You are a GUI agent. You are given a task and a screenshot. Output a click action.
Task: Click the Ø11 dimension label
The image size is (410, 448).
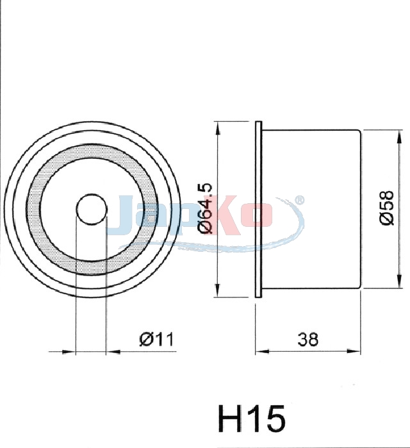click(156, 340)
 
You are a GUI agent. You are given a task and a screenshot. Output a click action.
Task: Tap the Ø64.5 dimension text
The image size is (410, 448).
click(206, 208)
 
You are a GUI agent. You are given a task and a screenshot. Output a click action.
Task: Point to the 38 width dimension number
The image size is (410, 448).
click(307, 340)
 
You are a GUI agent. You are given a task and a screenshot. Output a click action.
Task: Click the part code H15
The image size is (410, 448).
click(252, 419)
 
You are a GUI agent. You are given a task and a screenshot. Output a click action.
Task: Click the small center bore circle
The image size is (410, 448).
click(92, 209)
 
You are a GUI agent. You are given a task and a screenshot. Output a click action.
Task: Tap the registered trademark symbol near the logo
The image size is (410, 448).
click(299, 200)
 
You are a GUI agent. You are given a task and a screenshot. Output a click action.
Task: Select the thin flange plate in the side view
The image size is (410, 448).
click(258, 210)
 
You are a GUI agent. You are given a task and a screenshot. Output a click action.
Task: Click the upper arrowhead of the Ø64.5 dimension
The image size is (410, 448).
click(218, 128)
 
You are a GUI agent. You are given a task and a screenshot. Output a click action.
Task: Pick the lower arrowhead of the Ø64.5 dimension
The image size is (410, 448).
click(218, 290)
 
